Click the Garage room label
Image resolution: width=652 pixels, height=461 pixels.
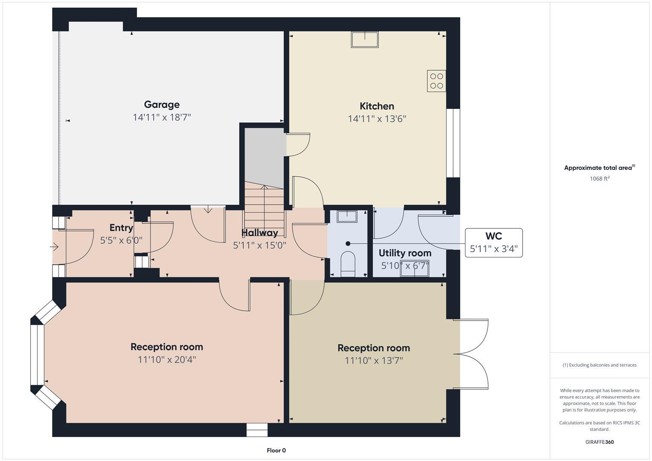click(x=161, y=105)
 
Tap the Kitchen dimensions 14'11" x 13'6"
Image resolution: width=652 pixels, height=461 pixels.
click(x=377, y=119)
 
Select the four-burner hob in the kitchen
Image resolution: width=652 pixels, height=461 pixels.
click(x=436, y=81)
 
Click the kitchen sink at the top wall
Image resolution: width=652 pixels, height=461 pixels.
click(x=365, y=39)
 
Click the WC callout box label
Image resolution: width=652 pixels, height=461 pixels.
click(x=494, y=236)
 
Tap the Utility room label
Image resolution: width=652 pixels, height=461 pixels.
click(x=405, y=253)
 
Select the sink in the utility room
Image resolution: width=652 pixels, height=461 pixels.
click(x=414, y=268)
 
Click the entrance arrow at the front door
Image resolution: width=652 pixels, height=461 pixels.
click(x=55, y=247)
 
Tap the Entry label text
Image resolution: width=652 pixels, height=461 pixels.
click(x=121, y=228)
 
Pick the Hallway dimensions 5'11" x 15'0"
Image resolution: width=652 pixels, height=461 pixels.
click(x=259, y=245)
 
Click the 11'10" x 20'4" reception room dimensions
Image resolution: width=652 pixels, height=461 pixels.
click(x=167, y=359)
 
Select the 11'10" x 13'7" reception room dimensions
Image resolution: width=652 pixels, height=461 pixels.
click(x=374, y=361)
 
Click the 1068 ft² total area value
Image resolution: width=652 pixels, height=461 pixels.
click(x=599, y=179)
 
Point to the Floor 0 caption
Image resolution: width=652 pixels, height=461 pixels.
click(x=276, y=450)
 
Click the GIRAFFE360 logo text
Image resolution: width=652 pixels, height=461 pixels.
click(x=599, y=442)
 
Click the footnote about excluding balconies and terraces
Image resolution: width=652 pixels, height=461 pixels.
click(x=599, y=365)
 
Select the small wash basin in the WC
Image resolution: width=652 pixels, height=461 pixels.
click(x=347, y=216)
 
